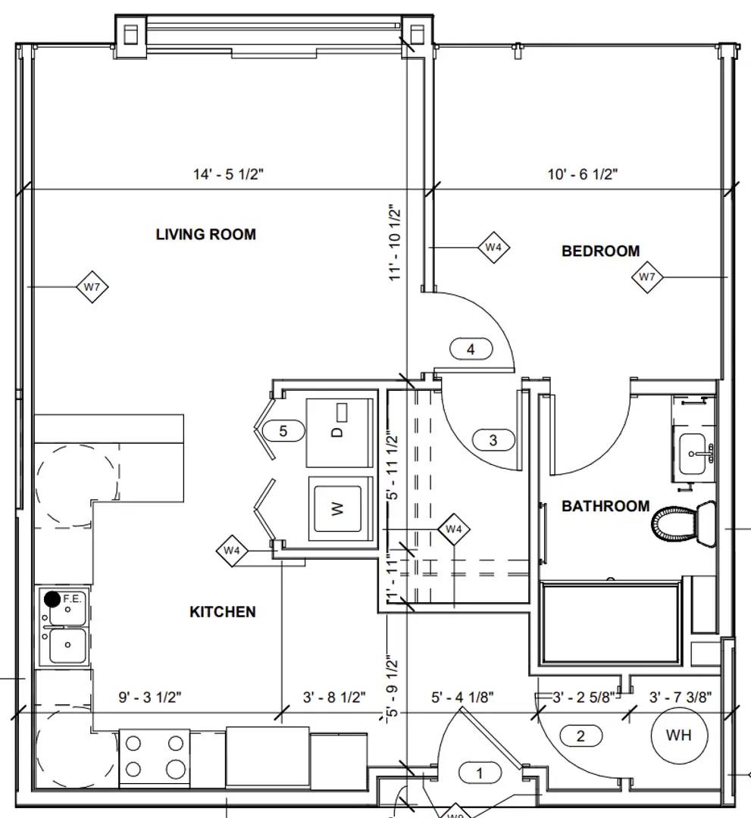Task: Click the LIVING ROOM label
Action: (x=205, y=234)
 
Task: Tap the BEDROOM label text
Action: (x=600, y=251)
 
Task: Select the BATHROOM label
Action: (x=605, y=506)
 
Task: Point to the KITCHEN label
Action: (x=222, y=611)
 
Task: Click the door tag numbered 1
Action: (x=479, y=773)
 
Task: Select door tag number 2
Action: (x=580, y=735)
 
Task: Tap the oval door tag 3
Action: (x=493, y=440)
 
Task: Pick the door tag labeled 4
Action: (x=471, y=349)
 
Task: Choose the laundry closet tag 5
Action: (x=283, y=432)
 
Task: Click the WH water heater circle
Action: (x=680, y=735)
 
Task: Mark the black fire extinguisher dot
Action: (x=52, y=600)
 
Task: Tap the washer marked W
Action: (x=340, y=508)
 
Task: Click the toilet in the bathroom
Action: (x=684, y=524)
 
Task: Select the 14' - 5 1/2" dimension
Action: (x=227, y=174)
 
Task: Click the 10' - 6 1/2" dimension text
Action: (x=583, y=174)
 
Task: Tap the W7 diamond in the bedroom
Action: (x=647, y=277)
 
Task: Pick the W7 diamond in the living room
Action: (x=92, y=287)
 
